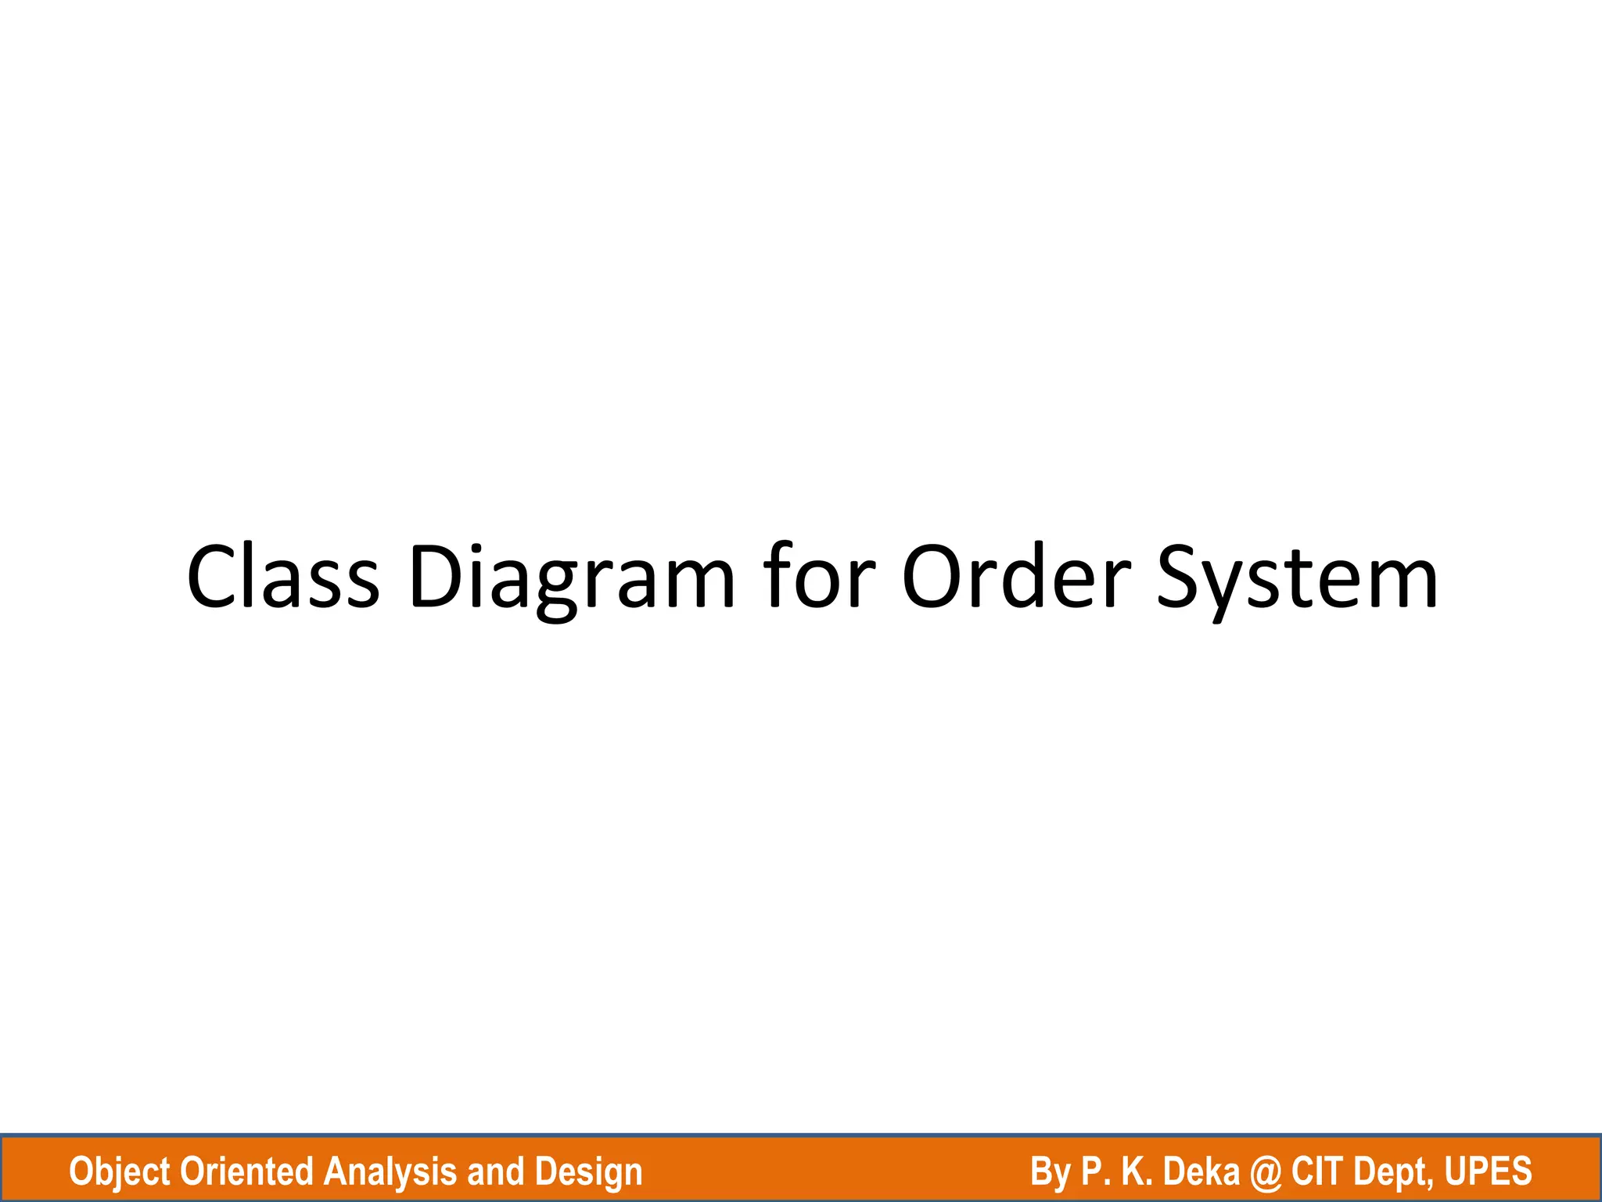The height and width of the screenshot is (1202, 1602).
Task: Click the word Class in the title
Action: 283,577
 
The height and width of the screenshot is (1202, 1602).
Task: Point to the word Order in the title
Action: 1016,577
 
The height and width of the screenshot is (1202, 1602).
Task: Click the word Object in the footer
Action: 120,1172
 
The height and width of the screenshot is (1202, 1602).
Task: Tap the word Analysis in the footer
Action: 390,1172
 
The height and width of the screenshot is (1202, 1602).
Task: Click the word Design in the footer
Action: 588,1172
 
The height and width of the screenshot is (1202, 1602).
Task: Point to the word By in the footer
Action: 1051,1172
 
